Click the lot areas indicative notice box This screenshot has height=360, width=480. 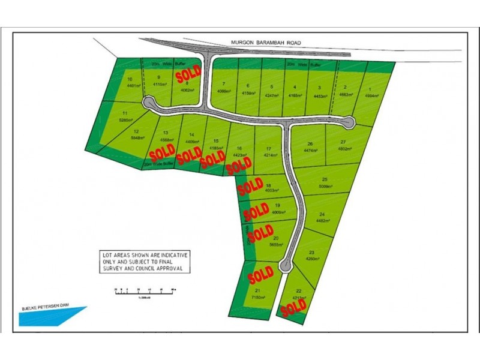point(145,262)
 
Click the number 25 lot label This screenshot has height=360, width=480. point(325,180)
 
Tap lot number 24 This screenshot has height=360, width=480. point(322,215)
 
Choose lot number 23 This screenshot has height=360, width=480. point(312,253)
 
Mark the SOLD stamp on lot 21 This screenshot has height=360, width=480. point(261,275)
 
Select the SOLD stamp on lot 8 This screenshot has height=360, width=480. point(188,74)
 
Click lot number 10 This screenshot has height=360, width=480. point(130,80)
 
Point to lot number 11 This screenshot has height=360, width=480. point(125,113)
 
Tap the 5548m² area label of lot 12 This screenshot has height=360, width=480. point(137,137)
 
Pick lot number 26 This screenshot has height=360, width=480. point(310,144)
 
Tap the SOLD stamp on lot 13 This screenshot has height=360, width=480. point(162,150)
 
